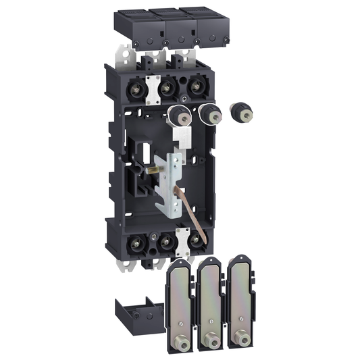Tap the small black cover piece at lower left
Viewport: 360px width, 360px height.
click(139, 315)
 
